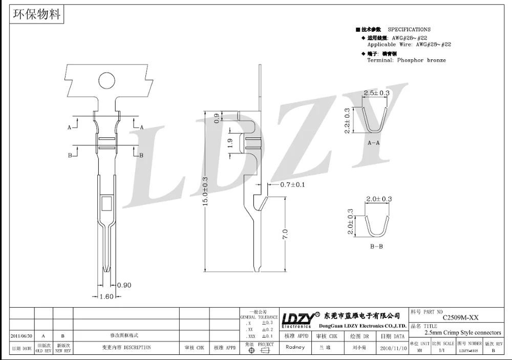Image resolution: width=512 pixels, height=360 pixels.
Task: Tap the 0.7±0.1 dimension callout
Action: point(292,184)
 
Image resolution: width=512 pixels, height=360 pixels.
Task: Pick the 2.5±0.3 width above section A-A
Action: point(376,93)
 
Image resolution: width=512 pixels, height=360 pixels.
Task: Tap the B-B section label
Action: point(376,247)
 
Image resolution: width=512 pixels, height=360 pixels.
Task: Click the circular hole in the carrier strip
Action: point(106,81)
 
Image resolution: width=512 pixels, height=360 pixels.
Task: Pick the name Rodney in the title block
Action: point(296,347)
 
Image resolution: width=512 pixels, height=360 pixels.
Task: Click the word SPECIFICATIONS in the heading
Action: point(409,30)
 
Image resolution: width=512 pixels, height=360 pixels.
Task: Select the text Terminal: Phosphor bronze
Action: point(407,60)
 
